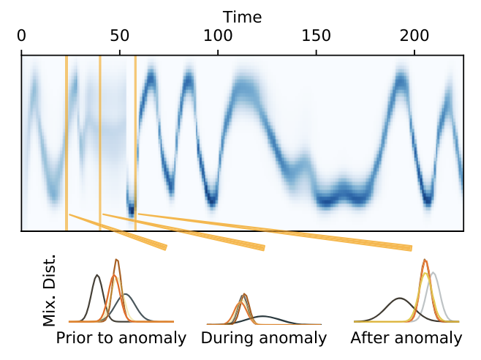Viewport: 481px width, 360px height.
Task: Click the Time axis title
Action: point(242,16)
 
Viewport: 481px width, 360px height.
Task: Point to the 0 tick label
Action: point(21,35)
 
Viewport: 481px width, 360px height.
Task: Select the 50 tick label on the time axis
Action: point(120,35)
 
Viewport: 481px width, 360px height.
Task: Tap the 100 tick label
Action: point(218,35)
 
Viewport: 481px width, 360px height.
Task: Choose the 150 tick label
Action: point(316,35)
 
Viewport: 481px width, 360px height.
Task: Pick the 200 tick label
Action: point(414,35)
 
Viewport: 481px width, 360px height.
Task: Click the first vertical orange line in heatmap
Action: point(67,143)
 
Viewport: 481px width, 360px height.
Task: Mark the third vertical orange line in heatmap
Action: point(135,143)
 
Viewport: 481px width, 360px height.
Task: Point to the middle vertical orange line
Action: point(100,143)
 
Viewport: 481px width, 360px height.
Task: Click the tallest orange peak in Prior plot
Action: point(116,261)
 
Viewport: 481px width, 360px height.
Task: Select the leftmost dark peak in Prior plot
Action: point(97,277)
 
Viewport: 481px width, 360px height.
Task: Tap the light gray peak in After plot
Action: point(434,274)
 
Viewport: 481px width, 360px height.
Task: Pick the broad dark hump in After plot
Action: point(399,299)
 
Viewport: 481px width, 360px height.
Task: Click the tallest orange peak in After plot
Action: point(425,260)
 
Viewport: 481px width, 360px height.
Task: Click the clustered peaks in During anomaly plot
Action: point(243,298)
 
